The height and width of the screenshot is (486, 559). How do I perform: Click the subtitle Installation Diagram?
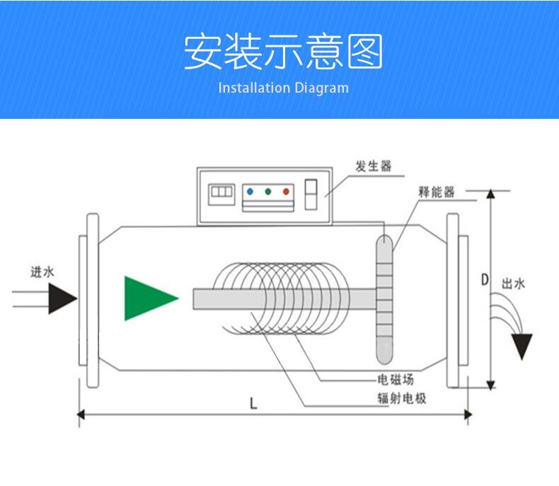tap(283, 88)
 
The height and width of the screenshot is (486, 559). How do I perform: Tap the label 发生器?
tap(373, 167)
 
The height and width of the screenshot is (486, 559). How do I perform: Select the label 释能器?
tap(436, 192)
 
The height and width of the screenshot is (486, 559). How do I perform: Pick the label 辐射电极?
tap(401, 398)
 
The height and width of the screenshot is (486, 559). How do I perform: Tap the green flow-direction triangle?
tap(147, 299)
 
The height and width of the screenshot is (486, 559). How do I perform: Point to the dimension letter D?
tap(485, 279)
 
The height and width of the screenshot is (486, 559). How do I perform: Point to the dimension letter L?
tap(253, 404)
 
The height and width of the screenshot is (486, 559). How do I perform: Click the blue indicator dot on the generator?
tap(251, 191)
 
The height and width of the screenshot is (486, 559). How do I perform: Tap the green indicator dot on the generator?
tap(268, 191)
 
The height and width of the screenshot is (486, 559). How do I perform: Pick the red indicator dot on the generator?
tap(286, 191)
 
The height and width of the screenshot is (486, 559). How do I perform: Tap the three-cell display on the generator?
tap(221, 192)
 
